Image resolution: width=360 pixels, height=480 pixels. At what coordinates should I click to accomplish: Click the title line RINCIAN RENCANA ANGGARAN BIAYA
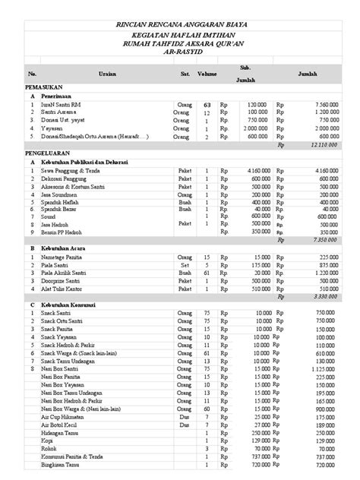tap(181, 25)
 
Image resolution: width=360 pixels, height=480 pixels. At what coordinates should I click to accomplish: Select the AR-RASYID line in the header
tap(181, 55)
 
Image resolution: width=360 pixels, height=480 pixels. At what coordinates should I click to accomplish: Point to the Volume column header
tap(207, 74)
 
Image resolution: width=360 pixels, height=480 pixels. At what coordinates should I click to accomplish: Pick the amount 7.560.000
tap(324, 105)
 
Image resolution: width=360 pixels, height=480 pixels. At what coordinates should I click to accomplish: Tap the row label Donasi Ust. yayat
tap(68, 120)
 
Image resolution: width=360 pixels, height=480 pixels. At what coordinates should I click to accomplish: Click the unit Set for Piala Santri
tap(185, 264)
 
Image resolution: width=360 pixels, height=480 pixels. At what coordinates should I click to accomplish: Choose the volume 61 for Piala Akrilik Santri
tap(207, 272)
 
